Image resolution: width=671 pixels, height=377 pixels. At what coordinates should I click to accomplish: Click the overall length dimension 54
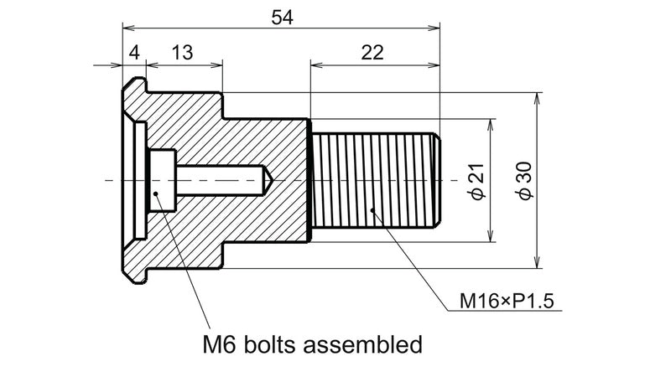click(282, 16)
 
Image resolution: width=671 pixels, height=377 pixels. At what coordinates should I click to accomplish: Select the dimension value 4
click(134, 52)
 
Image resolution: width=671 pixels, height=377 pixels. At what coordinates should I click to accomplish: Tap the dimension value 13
click(182, 52)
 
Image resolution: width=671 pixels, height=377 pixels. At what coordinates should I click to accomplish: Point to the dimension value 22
click(373, 52)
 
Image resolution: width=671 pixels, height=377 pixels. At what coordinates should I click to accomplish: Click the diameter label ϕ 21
click(476, 181)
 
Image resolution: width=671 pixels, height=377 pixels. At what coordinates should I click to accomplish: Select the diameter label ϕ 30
click(525, 181)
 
